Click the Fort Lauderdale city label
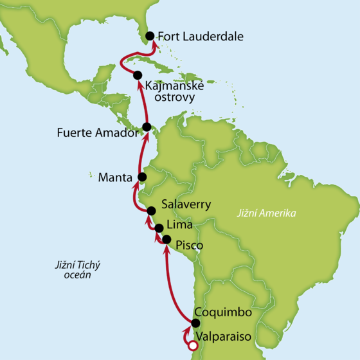pyautogui.click(x=201, y=37)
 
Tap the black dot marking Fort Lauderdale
pyautogui.click(x=150, y=37)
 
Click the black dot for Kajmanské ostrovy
pyautogui.click(x=138, y=75)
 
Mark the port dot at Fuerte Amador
pyautogui.click(x=147, y=127)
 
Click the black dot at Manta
pyautogui.click(x=143, y=177)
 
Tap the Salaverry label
pyautogui.click(x=187, y=202)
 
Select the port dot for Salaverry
pyautogui.click(x=152, y=211)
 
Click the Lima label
pyautogui.click(x=179, y=224)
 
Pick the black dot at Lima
pyautogui.click(x=159, y=228)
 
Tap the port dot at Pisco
pyautogui.click(x=166, y=240)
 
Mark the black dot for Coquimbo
pyautogui.click(x=196, y=322)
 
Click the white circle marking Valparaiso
pyautogui.click(x=191, y=347)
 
